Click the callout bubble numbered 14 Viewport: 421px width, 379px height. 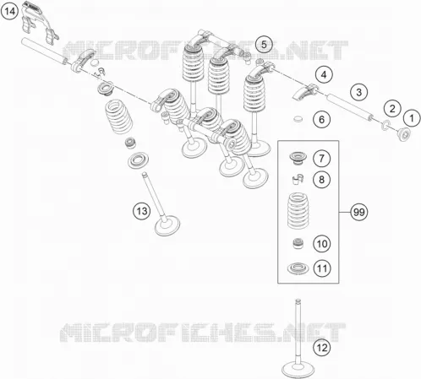click(9, 11)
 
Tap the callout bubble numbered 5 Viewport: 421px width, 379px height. click(264, 45)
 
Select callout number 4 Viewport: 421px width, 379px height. click(324, 75)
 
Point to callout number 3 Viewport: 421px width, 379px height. click(358, 92)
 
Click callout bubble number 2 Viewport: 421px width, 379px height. click(392, 109)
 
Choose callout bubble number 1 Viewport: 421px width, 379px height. click(412, 118)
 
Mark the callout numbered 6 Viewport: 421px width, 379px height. click(321, 120)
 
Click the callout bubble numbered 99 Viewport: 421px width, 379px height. click(358, 212)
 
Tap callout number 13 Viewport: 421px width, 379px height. click(142, 211)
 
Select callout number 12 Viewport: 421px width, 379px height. click(321, 348)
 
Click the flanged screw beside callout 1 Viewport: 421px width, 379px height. click(403, 134)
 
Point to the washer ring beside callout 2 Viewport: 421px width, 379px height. click(385, 125)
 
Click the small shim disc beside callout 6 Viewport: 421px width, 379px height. click(298, 119)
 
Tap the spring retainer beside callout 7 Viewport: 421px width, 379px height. click(298, 158)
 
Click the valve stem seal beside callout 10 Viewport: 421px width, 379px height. click(298, 243)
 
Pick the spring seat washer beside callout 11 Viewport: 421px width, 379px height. click(298, 268)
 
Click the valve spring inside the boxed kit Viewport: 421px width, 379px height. click(298, 210)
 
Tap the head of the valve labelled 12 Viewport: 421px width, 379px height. click(298, 369)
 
